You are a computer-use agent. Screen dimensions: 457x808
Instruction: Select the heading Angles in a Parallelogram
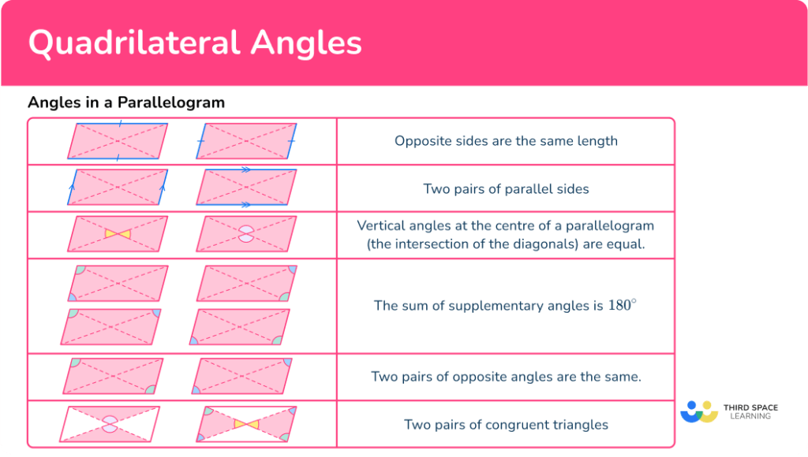tap(126, 102)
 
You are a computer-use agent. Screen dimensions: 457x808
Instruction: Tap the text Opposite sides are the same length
tap(506, 141)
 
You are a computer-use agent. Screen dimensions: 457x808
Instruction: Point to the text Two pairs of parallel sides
tap(506, 188)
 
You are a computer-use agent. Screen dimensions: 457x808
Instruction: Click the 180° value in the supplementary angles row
tap(622, 305)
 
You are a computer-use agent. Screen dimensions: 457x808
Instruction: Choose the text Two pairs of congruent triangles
tap(506, 425)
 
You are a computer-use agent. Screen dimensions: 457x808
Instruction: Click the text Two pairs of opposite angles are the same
tap(506, 377)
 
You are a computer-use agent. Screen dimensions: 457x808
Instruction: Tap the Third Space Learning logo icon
tap(699, 412)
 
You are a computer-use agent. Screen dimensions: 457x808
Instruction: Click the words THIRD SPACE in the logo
tap(750, 407)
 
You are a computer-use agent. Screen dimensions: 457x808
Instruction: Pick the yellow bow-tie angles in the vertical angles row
tap(118, 234)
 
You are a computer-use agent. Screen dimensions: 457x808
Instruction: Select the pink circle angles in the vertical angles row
tap(246, 234)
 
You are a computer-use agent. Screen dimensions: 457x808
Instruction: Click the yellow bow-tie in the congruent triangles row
tap(246, 424)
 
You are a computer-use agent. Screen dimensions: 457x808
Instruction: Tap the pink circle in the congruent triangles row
tap(110, 424)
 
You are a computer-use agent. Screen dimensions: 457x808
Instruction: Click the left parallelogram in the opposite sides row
tap(118, 141)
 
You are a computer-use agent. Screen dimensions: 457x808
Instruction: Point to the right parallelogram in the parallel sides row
tap(246, 188)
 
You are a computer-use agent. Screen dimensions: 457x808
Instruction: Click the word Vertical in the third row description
tap(383, 226)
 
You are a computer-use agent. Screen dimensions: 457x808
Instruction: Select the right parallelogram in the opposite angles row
tap(242, 376)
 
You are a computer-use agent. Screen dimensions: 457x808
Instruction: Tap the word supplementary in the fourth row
tap(492, 306)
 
